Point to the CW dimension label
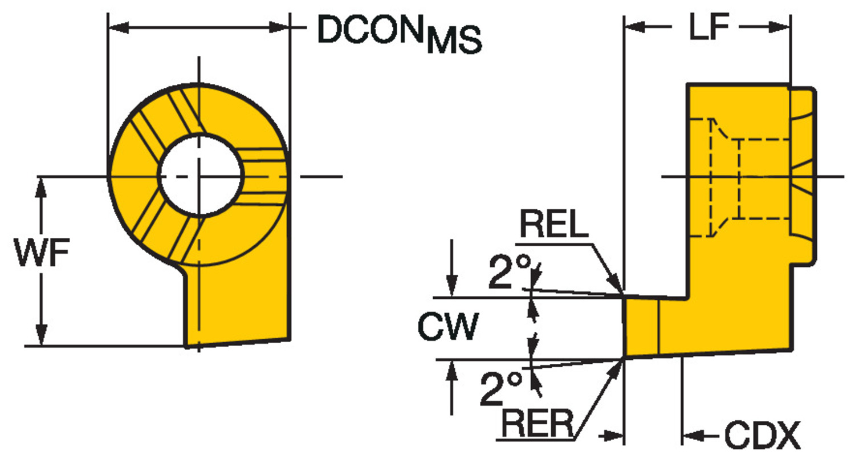pos(447,328)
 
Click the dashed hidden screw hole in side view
pos(724,178)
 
